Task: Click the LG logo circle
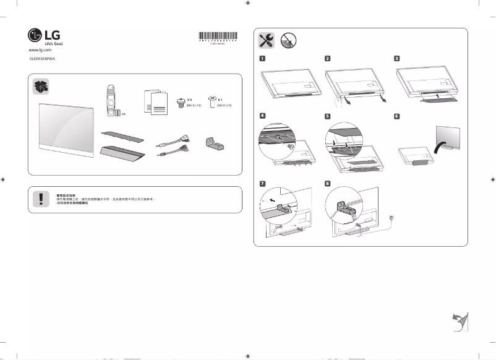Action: pos(35,35)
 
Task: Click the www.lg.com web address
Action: pos(40,49)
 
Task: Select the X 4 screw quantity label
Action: pos(190,99)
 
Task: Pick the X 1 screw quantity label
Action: pos(220,99)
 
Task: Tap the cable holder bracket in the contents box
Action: pos(213,143)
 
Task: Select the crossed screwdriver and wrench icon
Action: pos(267,40)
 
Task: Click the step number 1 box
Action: pos(263,59)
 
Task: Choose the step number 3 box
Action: pos(397,59)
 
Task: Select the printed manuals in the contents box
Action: pos(156,101)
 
